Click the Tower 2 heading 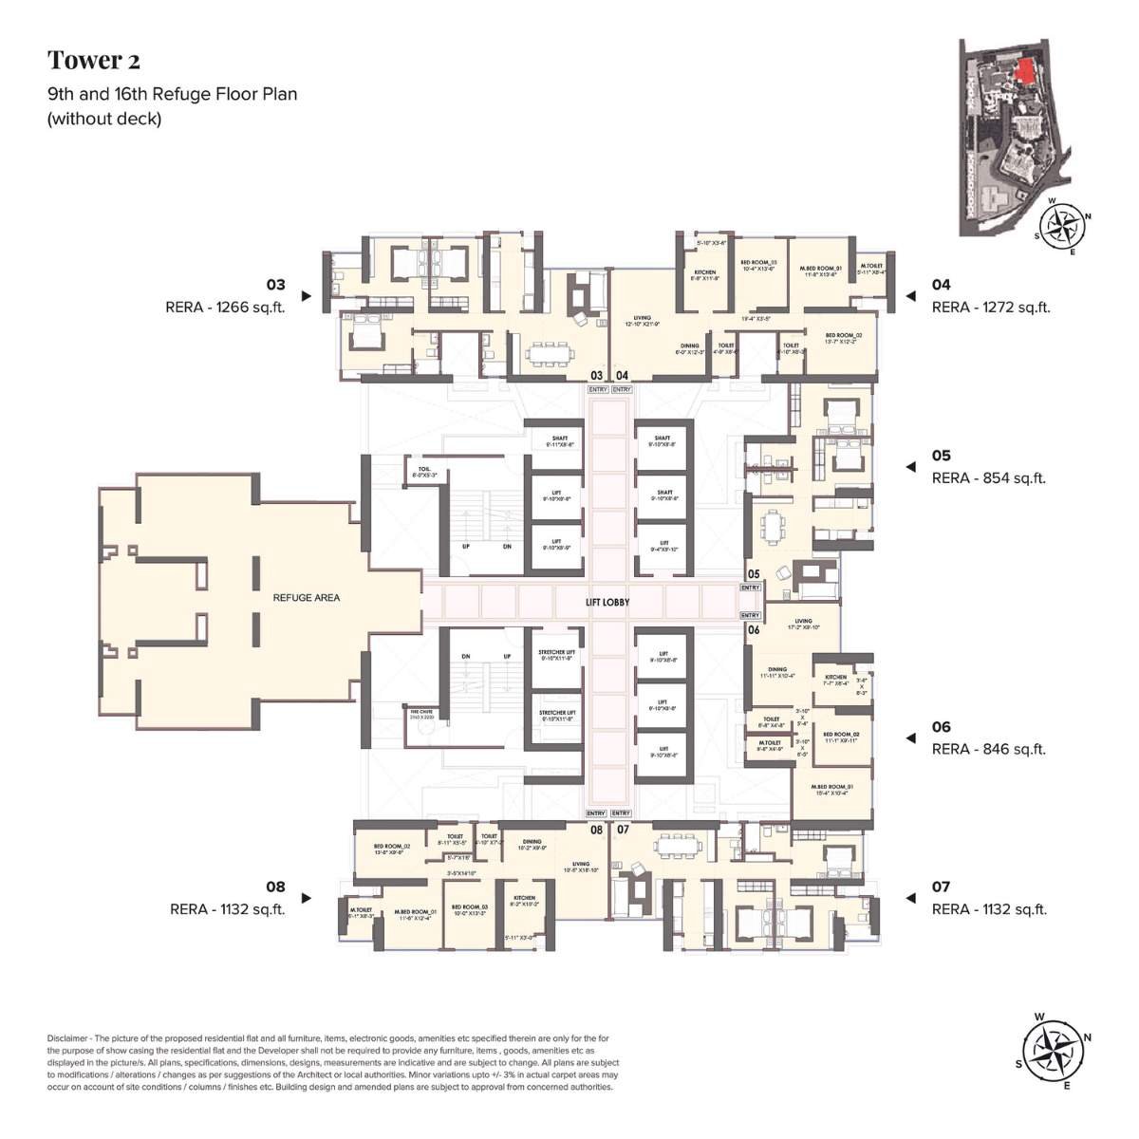(94, 61)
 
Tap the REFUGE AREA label (306, 597)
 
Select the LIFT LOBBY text (607, 602)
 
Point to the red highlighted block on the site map (1022, 70)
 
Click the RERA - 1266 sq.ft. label (238, 307)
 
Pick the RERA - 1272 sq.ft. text (991, 307)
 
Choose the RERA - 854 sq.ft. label (988, 478)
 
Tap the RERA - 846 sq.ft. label (988, 749)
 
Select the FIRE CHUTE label (420, 712)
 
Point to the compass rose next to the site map (1060, 225)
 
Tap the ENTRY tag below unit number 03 (597, 389)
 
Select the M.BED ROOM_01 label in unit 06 (831, 788)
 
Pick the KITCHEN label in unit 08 (524, 899)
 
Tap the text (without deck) (104, 119)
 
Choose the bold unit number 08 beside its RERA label (275, 887)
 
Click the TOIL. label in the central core (423, 470)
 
